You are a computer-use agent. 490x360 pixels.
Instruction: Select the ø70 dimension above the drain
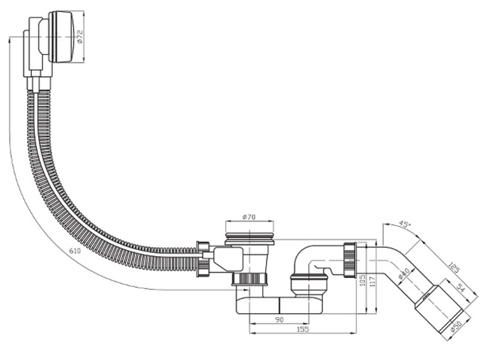250,218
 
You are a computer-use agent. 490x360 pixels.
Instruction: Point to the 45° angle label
406,224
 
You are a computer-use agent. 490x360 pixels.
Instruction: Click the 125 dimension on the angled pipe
453,267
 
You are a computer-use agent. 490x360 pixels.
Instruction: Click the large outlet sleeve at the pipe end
442,307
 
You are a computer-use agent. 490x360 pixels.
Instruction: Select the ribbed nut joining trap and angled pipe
350,261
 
